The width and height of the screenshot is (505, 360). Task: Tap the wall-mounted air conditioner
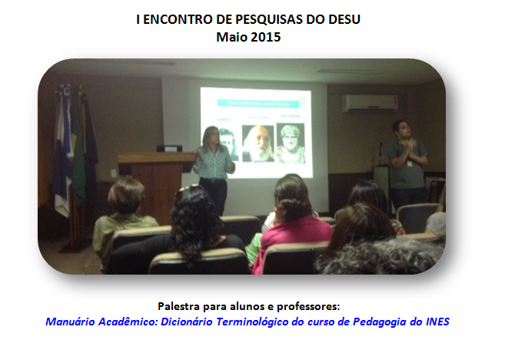coord(370,103)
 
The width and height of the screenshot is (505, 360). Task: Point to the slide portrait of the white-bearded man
coord(258,143)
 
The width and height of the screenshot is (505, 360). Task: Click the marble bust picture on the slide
coord(291,143)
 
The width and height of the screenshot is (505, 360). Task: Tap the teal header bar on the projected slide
coord(258,103)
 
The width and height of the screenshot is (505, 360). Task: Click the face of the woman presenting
coord(213,135)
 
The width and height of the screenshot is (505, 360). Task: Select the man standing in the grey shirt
coord(407,165)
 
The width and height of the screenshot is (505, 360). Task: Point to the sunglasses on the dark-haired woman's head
coord(188,188)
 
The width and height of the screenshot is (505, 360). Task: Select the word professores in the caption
coord(308,306)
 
